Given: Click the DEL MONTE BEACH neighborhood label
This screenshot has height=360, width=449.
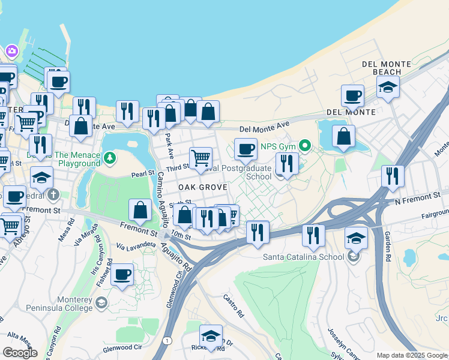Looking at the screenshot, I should tap(387, 68).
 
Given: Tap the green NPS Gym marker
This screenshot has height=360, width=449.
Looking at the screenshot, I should tap(305, 145).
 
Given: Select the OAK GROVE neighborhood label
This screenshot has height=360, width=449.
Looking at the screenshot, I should tap(202, 188).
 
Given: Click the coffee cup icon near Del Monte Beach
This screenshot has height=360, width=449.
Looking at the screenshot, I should tap(352, 95).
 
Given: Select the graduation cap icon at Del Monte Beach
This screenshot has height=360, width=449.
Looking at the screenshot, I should tap(388, 86).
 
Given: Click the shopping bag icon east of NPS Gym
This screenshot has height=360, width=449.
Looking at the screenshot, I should tap(343, 136).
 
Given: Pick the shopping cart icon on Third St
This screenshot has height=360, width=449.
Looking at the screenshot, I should tap(200, 158).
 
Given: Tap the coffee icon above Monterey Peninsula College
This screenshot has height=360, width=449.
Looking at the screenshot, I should tap(122, 274).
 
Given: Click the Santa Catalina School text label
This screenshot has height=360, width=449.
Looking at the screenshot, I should tap(304, 257).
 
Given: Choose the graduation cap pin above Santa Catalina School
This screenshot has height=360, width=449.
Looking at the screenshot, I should tap(356, 238).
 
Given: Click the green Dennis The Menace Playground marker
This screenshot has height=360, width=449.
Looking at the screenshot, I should tap(109, 158).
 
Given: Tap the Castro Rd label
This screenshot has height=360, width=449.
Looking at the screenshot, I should tap(233, 305).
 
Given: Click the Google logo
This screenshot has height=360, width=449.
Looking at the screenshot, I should tap(20, 353).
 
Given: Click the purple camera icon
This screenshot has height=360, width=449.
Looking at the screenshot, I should tap(11, 50).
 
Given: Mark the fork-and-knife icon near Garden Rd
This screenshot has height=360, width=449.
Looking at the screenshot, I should tap(392, 176).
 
